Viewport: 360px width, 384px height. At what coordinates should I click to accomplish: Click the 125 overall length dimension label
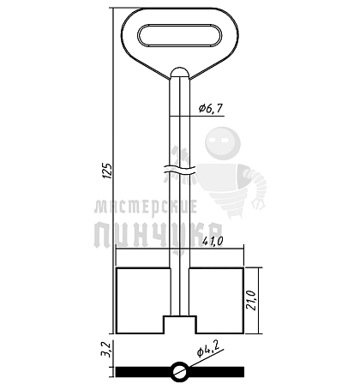[108, 171]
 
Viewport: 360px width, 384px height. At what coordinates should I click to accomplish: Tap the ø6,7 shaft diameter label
[211, 108]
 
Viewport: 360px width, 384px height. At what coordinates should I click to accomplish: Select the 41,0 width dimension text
[213, 242]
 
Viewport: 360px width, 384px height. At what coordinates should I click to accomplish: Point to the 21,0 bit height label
[252, 300]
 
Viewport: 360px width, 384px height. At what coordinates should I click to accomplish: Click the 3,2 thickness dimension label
[106, 350]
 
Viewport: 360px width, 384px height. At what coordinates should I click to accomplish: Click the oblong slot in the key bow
[180, 35]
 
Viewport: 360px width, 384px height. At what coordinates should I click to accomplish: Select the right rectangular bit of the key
[216, 300]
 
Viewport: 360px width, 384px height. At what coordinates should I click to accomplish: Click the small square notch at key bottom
[180, 325]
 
